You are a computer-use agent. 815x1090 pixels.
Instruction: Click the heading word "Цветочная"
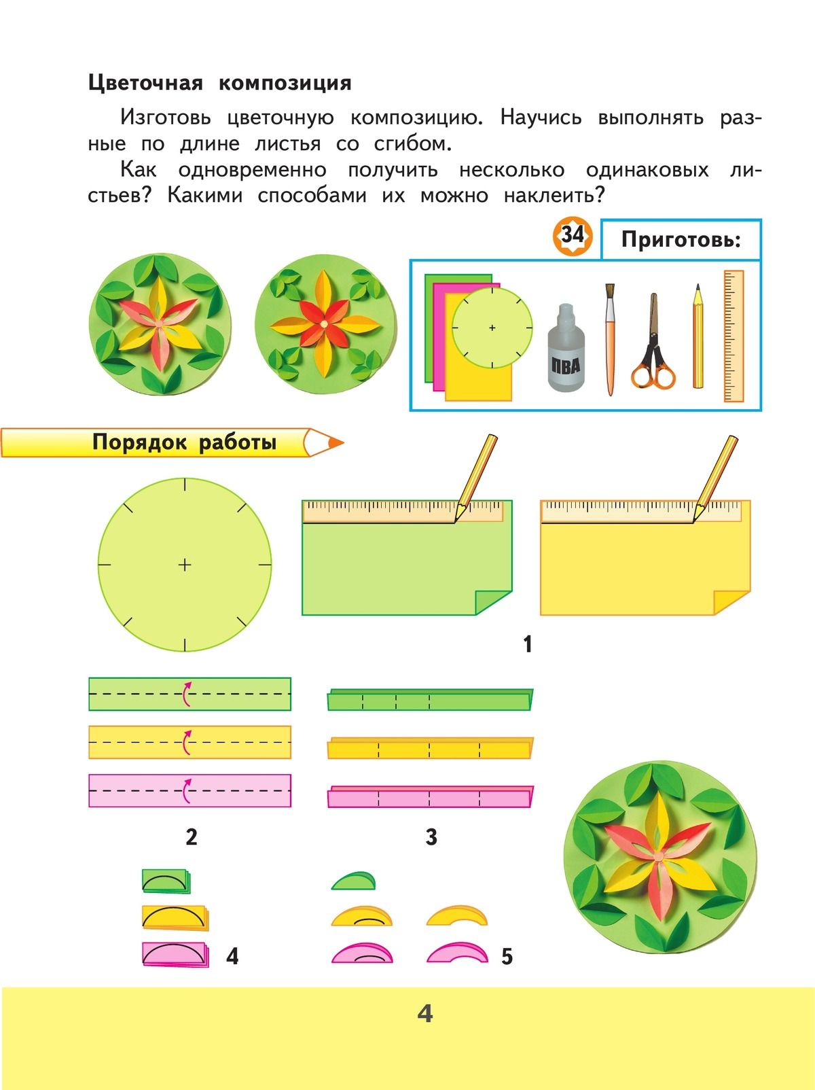[146, 83]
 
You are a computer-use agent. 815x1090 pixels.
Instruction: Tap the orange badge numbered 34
[573, 236]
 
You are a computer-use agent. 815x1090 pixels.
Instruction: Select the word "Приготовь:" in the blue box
[681, 240]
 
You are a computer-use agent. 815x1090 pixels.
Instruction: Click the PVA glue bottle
[565, 347]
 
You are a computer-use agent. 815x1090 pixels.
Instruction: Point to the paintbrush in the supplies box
[610, 340]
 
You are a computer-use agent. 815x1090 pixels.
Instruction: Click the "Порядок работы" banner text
[185, 442]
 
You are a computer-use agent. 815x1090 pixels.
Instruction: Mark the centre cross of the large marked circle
[185, 565]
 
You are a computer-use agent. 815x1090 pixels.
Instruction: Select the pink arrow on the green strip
[186, 694]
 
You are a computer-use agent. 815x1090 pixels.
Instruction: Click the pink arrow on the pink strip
[186, 791]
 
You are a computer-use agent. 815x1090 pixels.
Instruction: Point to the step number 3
[431, 837]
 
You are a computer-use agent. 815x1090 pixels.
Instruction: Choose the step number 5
[507, 957]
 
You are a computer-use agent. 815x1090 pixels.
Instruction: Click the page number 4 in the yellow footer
[425, 1014]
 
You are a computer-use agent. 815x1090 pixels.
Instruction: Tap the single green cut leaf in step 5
[352, 881]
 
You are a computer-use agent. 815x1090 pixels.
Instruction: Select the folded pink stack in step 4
[175, 954]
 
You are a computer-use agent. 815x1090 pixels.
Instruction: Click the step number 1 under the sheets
[528, 644]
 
